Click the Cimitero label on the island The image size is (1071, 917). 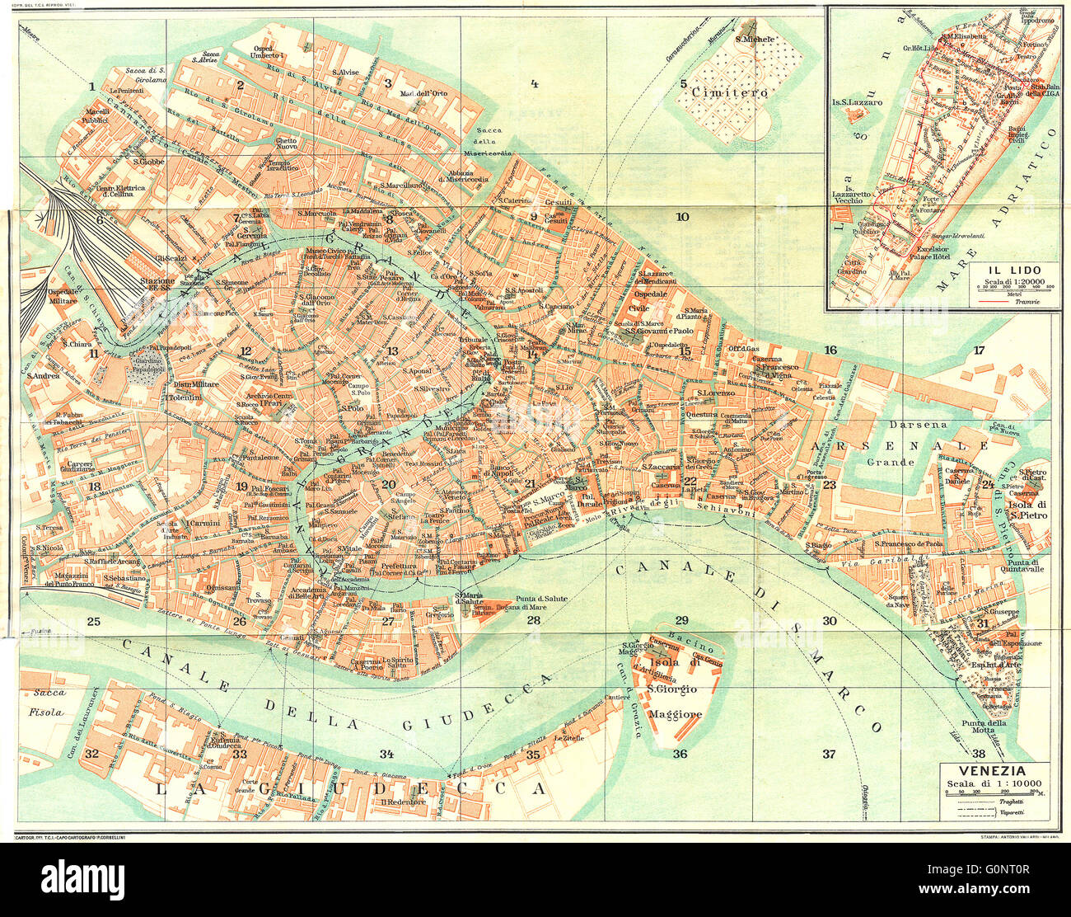click(729, 92)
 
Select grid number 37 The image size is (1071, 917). click(829, 753)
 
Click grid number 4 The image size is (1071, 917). click(534, 83)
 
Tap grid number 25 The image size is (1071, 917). click(93, 621)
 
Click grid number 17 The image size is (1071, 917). click(979, 350)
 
